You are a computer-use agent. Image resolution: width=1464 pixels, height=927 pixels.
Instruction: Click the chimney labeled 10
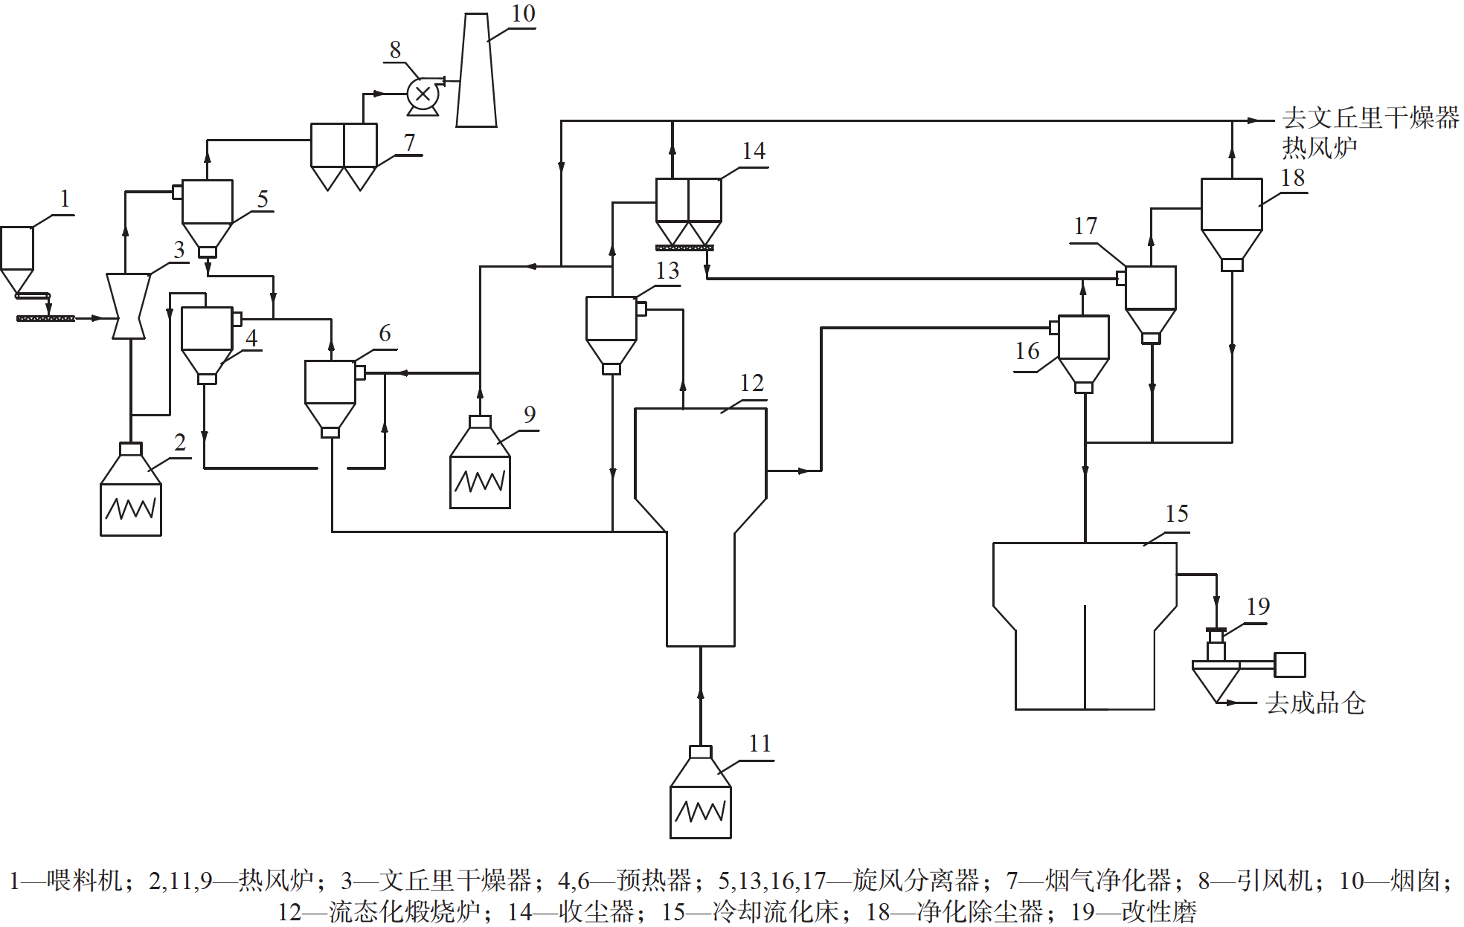(476, 71)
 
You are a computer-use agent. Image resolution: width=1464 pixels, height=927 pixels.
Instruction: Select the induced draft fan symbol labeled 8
(423, 94)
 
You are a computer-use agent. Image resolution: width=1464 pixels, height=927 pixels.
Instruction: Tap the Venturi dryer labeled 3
(129, 306)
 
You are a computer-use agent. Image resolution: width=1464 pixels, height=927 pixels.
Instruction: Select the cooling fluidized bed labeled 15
(1085, 624)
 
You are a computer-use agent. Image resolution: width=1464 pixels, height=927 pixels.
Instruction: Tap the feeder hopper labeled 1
(17, 256)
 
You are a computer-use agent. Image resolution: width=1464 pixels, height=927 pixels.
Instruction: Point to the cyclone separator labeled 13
(611, 331)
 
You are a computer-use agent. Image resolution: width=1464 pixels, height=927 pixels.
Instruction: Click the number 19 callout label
(1258, 606)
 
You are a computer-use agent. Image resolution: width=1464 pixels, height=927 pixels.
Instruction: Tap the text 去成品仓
(1315, 702)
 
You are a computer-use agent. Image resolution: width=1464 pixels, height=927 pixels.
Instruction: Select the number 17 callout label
(1085, 226)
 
